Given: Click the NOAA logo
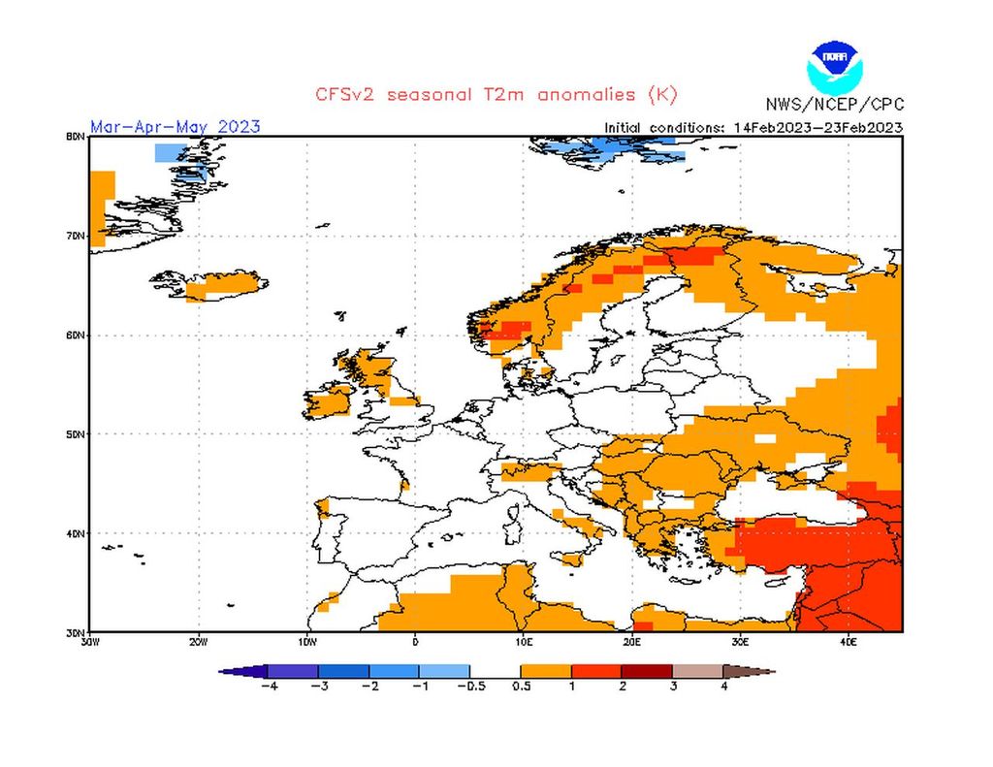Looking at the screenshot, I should pos(833,66).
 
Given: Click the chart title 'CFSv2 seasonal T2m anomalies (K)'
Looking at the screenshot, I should pos(496,94).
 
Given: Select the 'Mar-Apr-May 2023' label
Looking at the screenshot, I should pos(176,126).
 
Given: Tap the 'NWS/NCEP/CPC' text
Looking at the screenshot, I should pos(833,104).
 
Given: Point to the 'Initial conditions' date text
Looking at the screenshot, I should pos(753,127).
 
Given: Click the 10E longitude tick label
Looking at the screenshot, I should pos(524,641).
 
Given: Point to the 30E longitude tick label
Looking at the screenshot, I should pos(740,641).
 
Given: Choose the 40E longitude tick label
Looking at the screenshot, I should pos(849,641).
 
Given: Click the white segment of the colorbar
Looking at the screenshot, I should pos(496,670).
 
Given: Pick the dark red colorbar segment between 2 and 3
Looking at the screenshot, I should pos(647,670).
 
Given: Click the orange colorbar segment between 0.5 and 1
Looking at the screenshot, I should pos(546,670).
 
